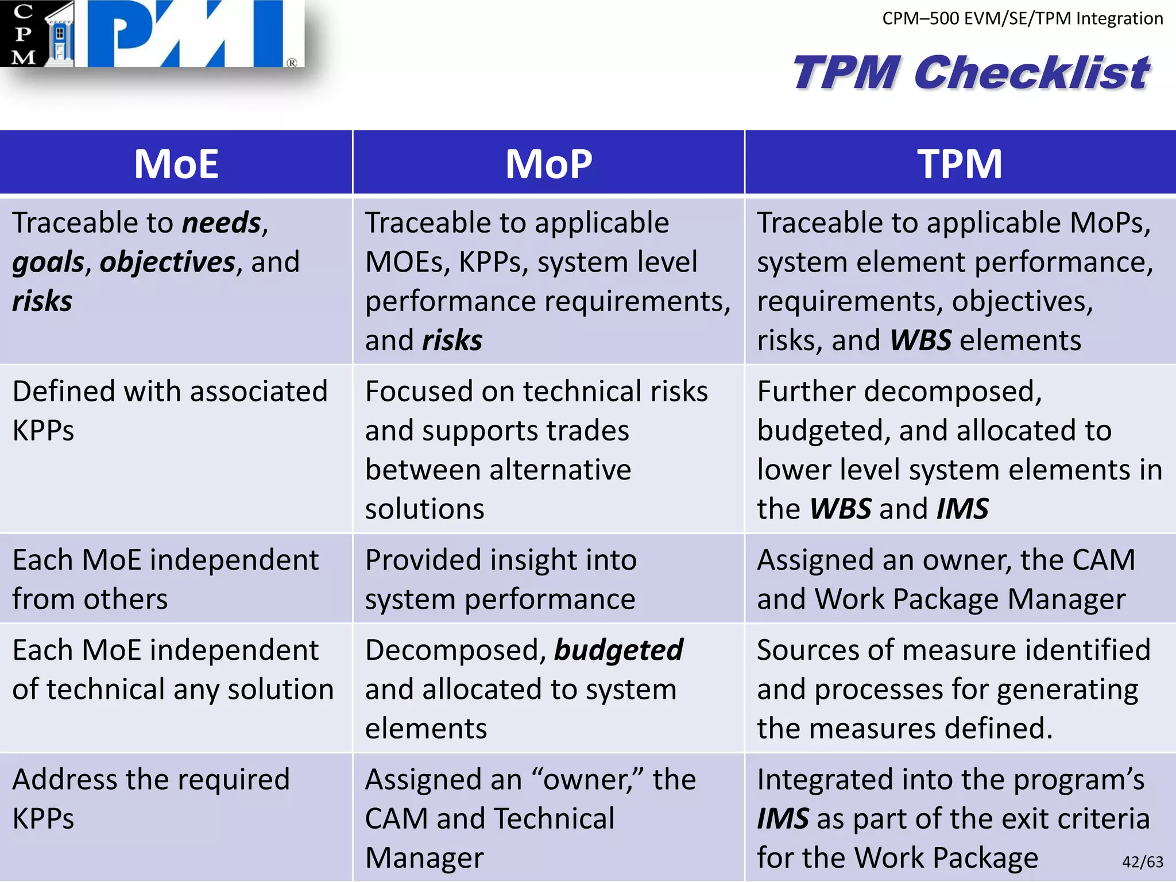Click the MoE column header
tap(176, 164)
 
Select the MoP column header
tap(548, 164)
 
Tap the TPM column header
tap(960, 164)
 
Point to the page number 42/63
tap(1142, 861)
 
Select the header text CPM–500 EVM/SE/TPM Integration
tap(1022, 18)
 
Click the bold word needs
tap(221, 223)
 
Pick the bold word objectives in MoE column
tap(167, 262)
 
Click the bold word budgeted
tap(618, 651)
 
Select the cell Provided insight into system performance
tap(501, 579)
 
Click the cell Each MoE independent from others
tap(165, 579)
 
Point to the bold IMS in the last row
tap(783, 819)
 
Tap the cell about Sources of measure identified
tap(953, 688)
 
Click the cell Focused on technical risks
tap(536, 449)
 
